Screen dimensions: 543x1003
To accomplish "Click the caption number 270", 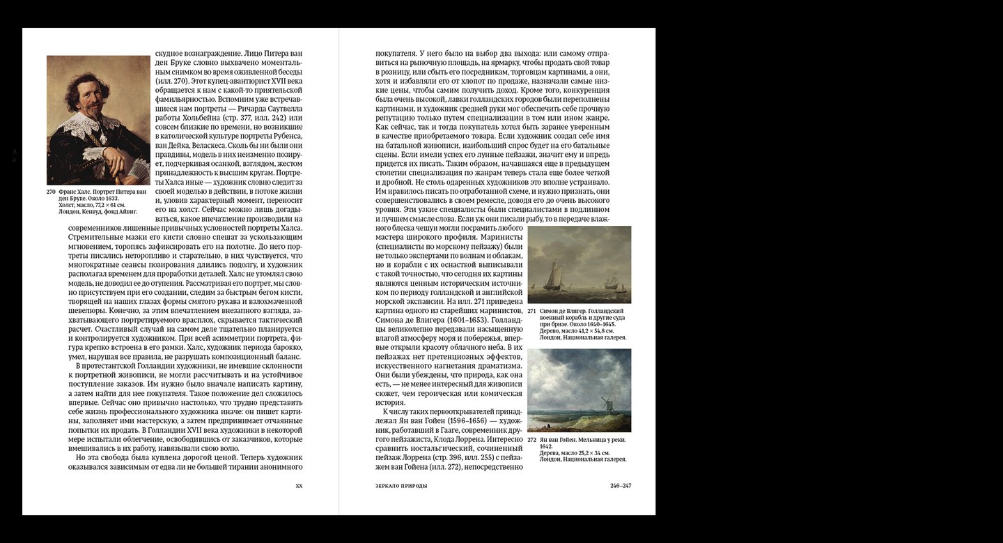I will [51, 191].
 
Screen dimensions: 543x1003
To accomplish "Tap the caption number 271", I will [531, 310].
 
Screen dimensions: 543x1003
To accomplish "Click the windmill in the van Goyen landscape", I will [605, 404].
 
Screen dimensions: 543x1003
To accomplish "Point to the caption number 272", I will [531, 440].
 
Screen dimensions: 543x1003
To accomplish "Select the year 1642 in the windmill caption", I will [546, 446].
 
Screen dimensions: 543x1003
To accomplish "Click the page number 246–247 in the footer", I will [620, 485].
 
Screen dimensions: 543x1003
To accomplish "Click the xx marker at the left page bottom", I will [299, 485].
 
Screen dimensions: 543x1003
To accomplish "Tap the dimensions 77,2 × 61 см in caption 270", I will [105, 204].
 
